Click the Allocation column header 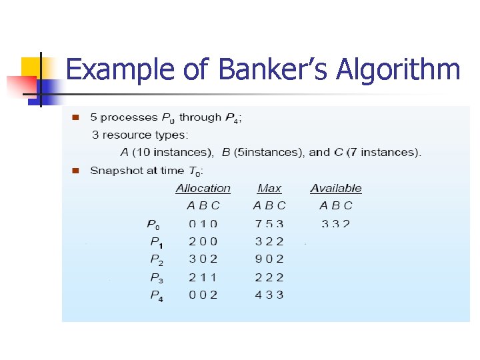[203, 189]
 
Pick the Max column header [269, 189]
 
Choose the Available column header [336, 189]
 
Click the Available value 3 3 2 [335, 224]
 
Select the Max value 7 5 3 [269, 224]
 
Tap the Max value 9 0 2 [269, 259]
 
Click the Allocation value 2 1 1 [203, 277]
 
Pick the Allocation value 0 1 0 [203, 224]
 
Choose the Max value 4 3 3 [269, 295]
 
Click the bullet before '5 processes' [75, 117]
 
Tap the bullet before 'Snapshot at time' [75, 171]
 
